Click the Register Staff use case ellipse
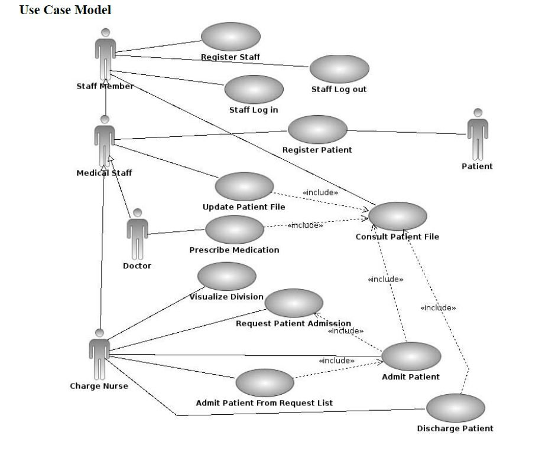coord(231,37)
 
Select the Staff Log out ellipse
coord(339,69)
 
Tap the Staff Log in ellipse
coord(254,89)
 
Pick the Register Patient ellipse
coord(317,129)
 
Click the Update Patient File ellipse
coord(244,186)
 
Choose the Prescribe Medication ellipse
coord(234,230)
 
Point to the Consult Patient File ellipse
coord(397,217)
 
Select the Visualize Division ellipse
coord(227,276)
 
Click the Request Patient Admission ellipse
coord(294,303)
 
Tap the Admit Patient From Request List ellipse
coord(264,383)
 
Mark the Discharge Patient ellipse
coord(455,408)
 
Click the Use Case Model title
coord(65,10)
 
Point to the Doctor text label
coord(137,266)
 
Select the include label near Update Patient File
coord(320,192)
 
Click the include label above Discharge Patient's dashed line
coord(438,307)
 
